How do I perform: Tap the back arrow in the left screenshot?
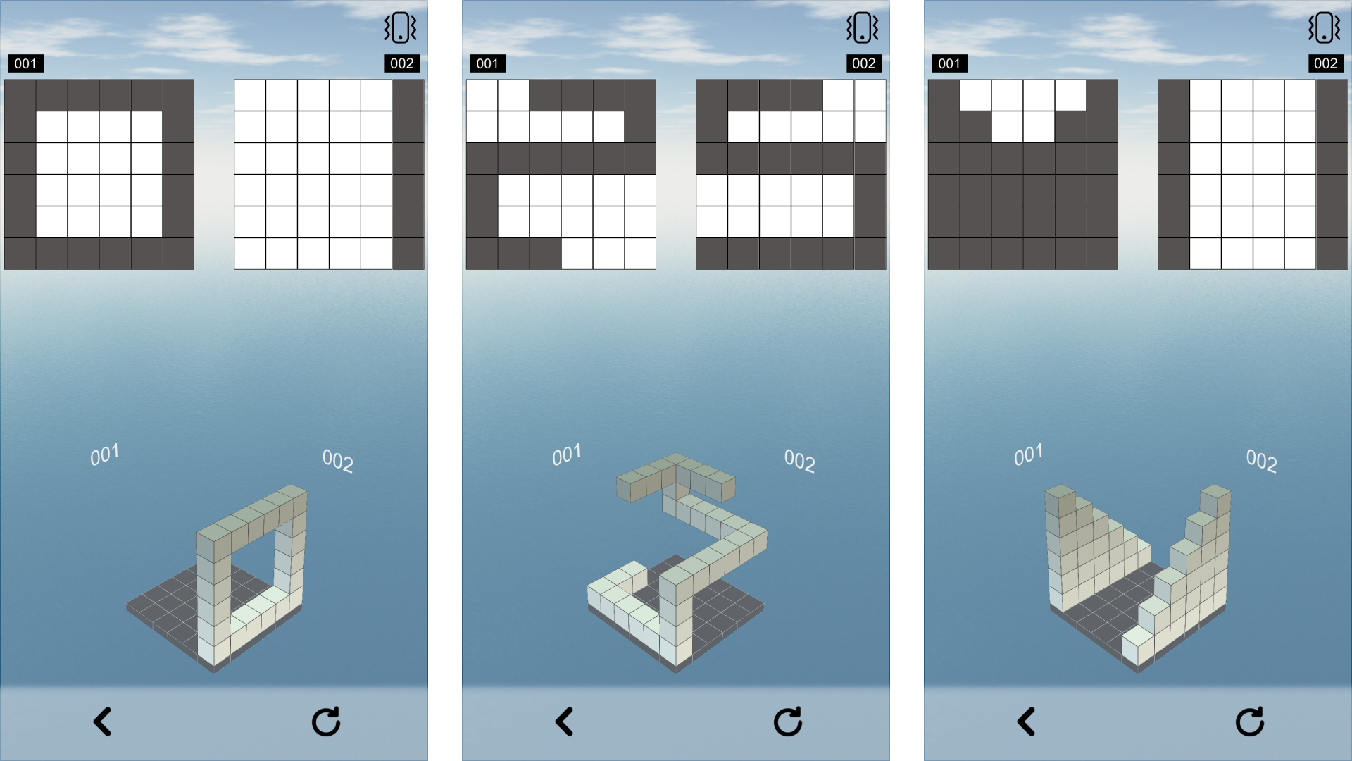pyautogui.click(x=103, y=722)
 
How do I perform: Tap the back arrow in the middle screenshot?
pyautogui.click(x=565, y=722)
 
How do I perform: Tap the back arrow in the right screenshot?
pyautogui.click(x=1027, y=722)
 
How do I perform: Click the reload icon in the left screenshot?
pyautogui.click(x=326, y=722)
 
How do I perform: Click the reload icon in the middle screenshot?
pyautogui.click(x=788, y=722)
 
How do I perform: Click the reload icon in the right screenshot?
pyautogui.click(x=1250, y=722)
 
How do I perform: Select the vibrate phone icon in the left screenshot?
pyautogui.click(x=400, y=28)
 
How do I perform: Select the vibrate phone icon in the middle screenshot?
pyautogui.click(x=862, y=28)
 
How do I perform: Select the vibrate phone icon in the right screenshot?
pyautogui.click(x=1324, y=28)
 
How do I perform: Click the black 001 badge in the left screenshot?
pyautogui.click(x=25, y=63)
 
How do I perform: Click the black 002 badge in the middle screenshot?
pyautogui.click(x=864, y=63)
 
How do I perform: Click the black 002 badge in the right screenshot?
pyautogui.click(x=1326, y=63)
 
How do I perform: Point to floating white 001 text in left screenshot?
pyautogui.click(x=104, y=454)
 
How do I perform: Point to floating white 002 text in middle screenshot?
pyautogui.click(x=799, y=461)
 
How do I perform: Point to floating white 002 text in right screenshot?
pyautogui.click(x=1261, y=461)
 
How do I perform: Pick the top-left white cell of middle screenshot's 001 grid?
pyautogui.click(x=482, y=95)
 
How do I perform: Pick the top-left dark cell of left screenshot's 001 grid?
pyautogui.click(x=20, y=95)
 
